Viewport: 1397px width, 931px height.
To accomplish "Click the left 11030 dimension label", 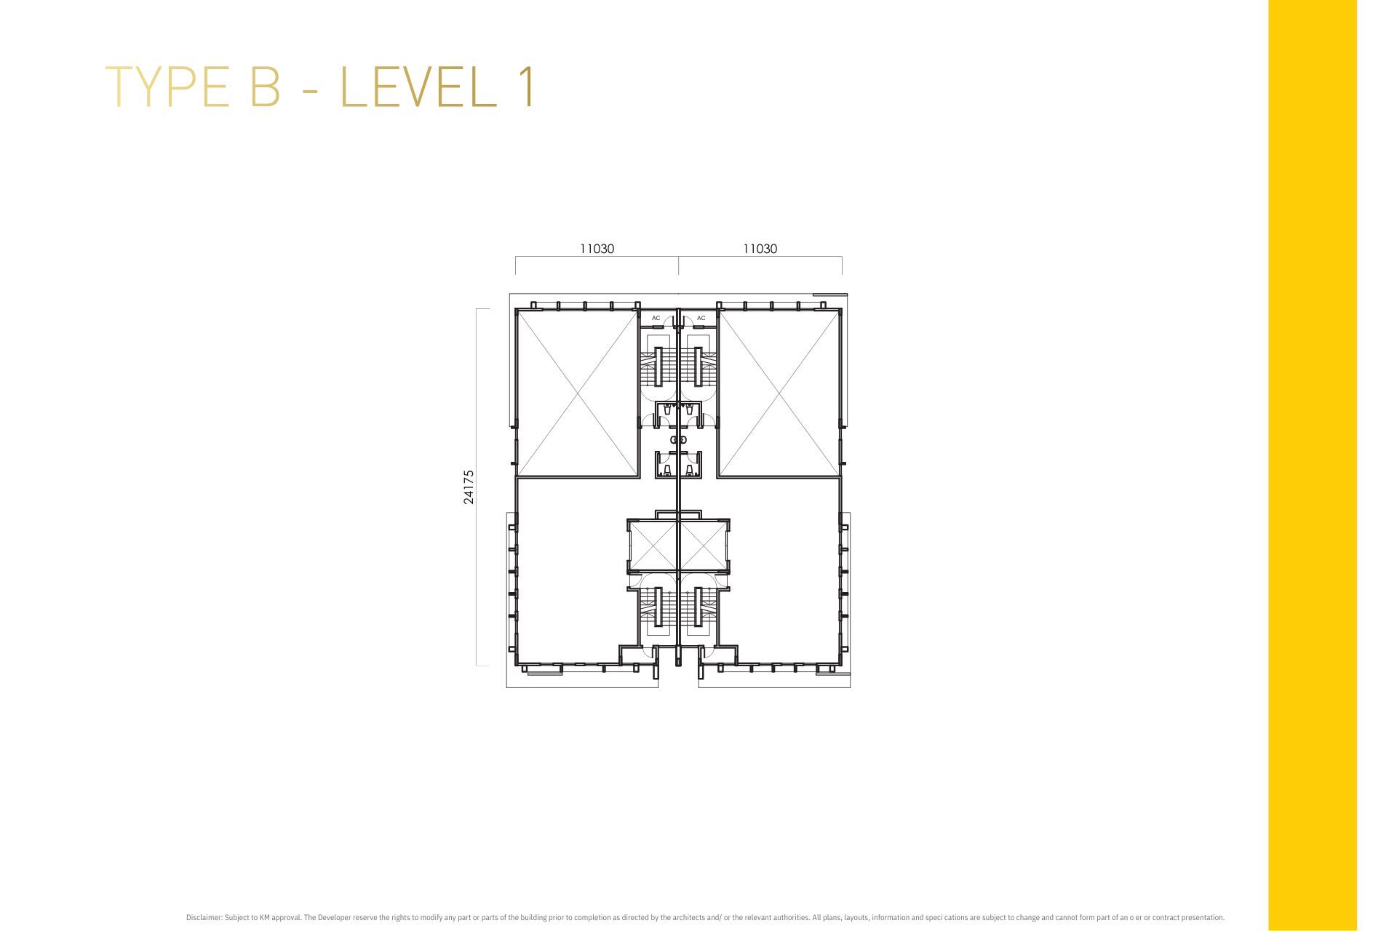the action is (x=597, y=249).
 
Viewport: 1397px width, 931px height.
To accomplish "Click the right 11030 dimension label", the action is (x=760, y=249).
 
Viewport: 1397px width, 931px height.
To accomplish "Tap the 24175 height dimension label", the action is (x=469, y=487).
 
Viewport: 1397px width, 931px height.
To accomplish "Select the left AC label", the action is (x=656, y=318).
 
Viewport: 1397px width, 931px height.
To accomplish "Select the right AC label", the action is (x=701, y=318).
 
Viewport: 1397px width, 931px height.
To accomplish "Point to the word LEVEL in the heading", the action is (x=418, y=87).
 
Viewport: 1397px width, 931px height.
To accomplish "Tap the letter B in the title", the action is (x=266, y=87).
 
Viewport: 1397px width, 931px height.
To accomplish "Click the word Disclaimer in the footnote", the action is (x=204, y=918).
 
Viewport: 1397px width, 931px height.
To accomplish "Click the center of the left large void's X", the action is (x=577, y=393).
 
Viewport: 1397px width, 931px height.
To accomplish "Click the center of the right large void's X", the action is (x=779, y=393).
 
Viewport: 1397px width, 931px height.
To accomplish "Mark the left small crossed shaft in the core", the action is (x=655, y=546).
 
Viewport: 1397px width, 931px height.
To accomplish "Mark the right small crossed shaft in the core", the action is (x=703, y=546).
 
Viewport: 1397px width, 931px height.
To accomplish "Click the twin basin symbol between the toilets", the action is (x=678, y=439).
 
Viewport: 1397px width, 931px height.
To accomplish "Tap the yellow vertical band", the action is (x=1313, y=465).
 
